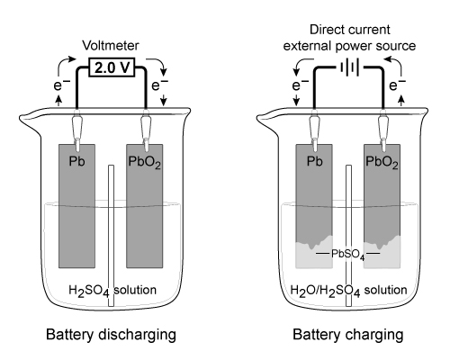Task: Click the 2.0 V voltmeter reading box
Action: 112,67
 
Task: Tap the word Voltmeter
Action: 111,46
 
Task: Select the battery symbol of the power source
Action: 349,67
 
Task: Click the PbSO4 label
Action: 348,255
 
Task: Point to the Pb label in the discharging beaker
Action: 76,161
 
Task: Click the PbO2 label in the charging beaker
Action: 382,162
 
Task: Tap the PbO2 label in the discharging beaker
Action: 144,162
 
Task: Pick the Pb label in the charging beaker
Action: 314,161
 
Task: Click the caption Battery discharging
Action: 111,335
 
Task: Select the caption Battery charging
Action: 348,335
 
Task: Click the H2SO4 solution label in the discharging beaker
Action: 112,291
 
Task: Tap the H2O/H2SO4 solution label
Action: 348,291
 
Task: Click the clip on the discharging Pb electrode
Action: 77,130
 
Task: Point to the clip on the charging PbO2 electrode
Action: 383,130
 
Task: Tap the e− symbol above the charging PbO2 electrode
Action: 397,85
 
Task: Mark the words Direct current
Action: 350,30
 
